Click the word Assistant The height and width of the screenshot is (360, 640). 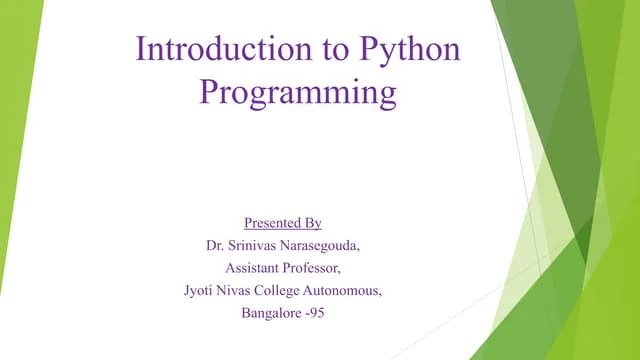254,268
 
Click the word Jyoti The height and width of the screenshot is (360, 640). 200,291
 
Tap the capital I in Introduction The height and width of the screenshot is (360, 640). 140,50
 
